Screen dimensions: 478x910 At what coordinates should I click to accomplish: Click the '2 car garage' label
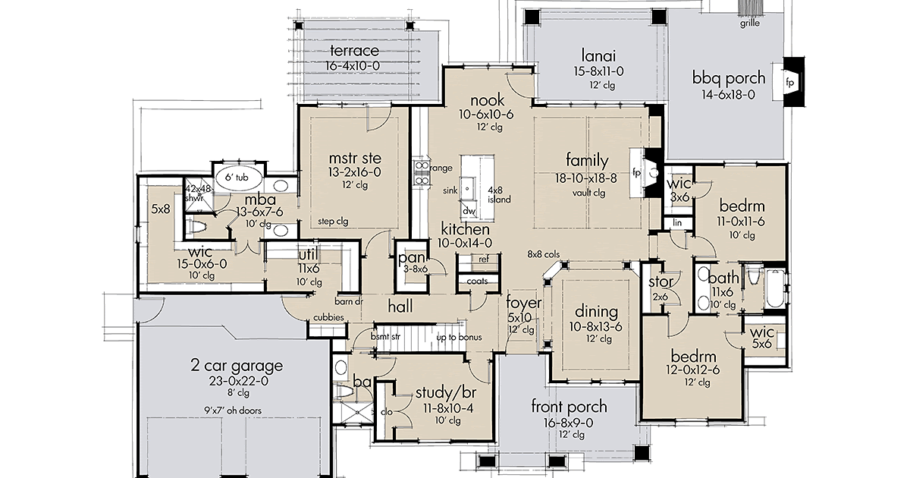click(236, 366)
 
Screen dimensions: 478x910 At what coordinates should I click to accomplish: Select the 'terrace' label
click(354, 52)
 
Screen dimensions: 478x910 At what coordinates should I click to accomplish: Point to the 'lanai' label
click(598, 55)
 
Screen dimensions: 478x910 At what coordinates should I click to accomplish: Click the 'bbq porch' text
click(728, 78)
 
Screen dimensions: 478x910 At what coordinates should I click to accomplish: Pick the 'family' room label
click(587, 160)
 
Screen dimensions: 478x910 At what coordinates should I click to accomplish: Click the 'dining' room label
click(597, 312)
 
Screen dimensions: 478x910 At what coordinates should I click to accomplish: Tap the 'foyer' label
click(524, 303)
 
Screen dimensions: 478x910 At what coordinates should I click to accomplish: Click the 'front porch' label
click(569, 407)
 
